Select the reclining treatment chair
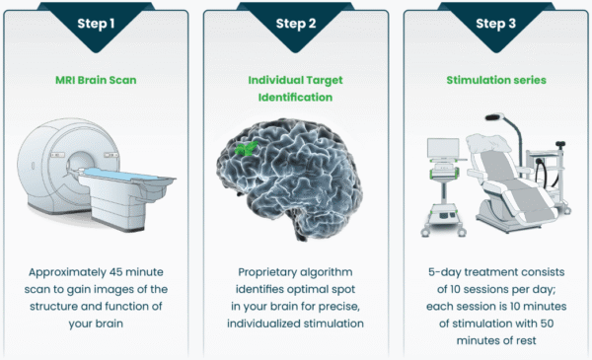tap(513, 182)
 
